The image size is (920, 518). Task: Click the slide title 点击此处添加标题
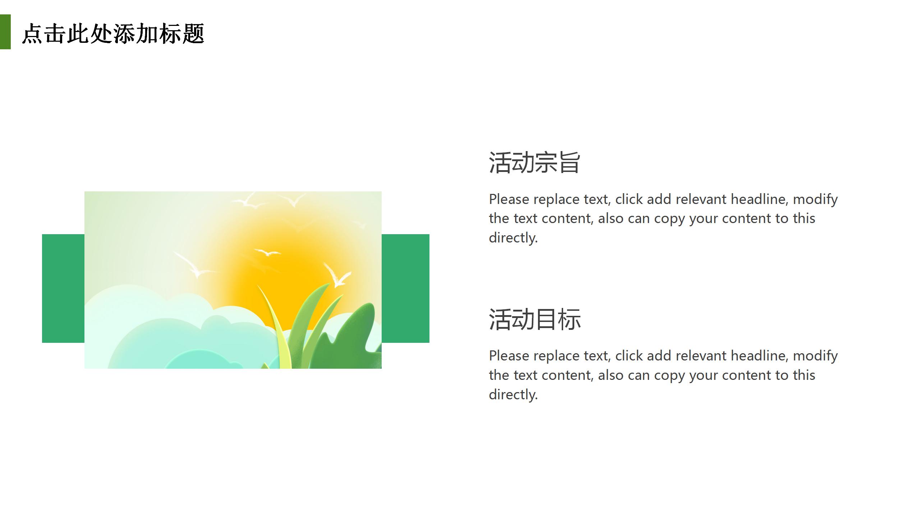tap(113, 34)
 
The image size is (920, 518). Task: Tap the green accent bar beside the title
tap(5, 32)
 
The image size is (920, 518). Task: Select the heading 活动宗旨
tap(534, 163)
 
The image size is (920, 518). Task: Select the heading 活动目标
tap(534, 319)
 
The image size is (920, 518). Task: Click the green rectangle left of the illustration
tap(63, 288)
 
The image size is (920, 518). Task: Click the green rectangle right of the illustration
tap(405, 288)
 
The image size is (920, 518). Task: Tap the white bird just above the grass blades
tap(337, 275)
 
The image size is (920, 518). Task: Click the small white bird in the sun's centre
tap(267, 252)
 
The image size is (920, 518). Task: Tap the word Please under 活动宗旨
tap(509, 199)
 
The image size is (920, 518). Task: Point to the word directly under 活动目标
tap(513, 395)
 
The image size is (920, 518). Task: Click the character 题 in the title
tap(193, 34)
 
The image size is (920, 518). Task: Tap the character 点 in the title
tap(33, 34)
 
